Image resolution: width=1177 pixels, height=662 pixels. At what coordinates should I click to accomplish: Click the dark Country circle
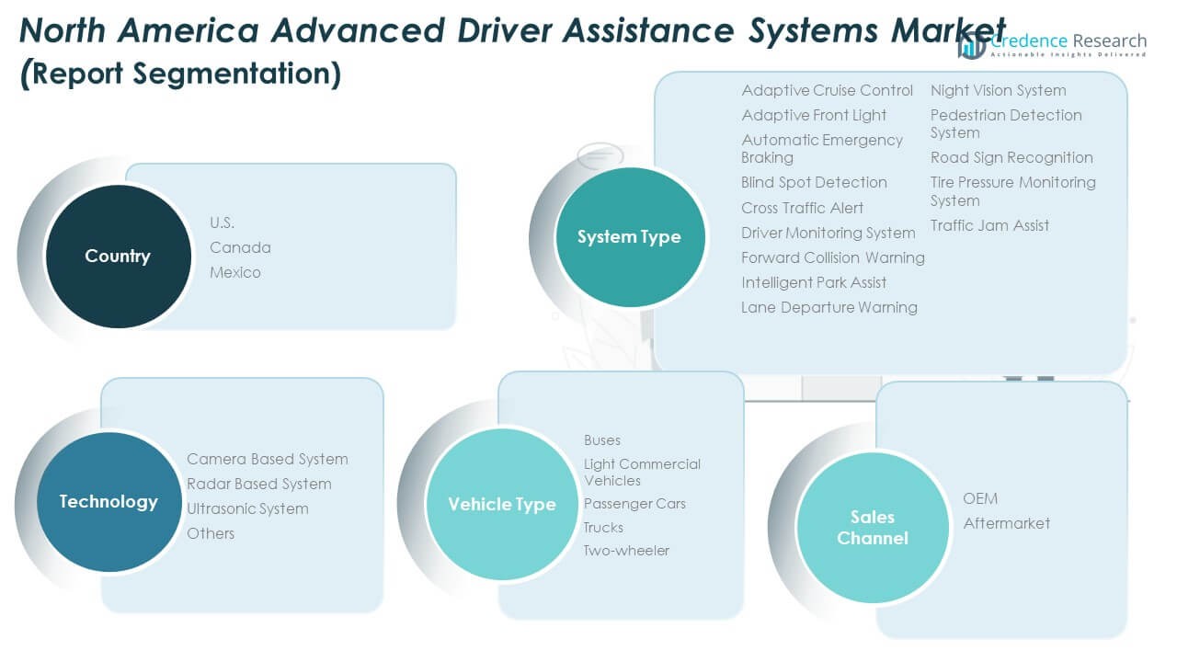(x=117, y=256)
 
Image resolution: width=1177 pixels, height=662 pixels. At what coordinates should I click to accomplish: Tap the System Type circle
(x=629, y=237)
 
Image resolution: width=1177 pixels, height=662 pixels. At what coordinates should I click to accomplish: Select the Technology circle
(x=109, y=502)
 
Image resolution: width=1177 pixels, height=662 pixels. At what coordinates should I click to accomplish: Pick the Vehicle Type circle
(x=501, y=504)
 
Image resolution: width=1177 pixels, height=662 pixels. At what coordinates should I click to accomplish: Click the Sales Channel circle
(x=872, y=528)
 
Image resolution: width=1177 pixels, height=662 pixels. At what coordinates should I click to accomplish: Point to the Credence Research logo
(x=1052, y=44)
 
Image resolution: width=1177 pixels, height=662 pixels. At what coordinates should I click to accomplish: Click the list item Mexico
(x=234, y=272)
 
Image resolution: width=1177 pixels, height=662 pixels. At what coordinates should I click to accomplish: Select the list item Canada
(x=240, y=247)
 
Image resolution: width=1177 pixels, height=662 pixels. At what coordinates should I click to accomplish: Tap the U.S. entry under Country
(x=222, y=223)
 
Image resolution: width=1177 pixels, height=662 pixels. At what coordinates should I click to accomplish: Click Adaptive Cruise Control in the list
(x=827, y=90)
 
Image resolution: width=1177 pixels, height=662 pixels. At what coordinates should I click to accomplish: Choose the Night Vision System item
(x=998, y=90)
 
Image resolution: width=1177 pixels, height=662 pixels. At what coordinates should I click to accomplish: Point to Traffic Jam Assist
(x=989, y=225)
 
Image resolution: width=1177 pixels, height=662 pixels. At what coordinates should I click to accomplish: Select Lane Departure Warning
(x=828, y=307)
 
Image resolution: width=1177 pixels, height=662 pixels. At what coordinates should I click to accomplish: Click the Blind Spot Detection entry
(x=814, y=182)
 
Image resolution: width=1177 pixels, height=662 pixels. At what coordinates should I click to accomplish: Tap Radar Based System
(x=258, y=484)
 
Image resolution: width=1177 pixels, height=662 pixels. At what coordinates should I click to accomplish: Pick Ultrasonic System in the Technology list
(x=247, y=508)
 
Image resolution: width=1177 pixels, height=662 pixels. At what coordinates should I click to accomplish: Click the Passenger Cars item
(x=634, y=504)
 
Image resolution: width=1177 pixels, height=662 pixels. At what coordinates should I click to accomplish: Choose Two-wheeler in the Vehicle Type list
(x=626, y=551)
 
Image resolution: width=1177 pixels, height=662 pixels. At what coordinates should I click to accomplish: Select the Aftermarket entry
(x=1006, y=523)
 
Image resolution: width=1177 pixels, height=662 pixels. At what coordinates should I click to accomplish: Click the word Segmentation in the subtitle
(x=233, y=73)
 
